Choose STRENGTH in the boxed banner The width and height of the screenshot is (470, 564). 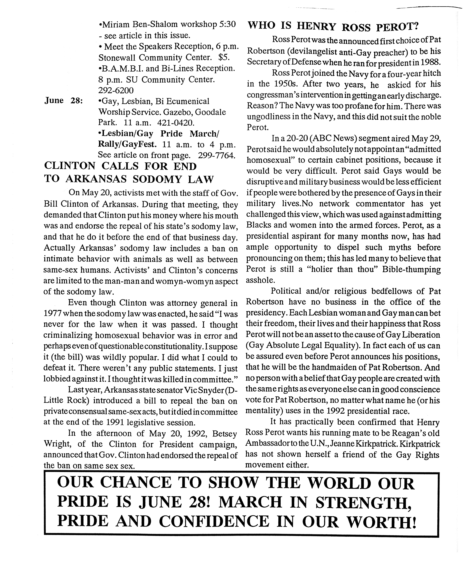363,502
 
